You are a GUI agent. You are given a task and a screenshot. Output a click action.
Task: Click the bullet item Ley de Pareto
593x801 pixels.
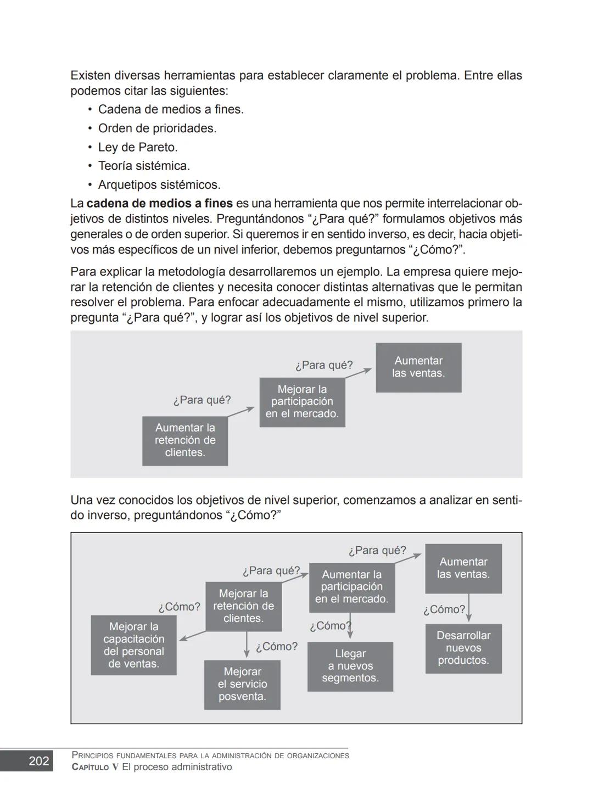[137, 147]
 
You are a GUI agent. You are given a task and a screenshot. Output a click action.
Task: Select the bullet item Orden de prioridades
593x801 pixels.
[157, 128]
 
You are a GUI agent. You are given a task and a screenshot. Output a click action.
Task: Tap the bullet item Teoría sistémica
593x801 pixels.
[144, 166]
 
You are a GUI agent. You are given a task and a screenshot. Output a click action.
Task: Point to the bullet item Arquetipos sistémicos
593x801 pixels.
[159, 184]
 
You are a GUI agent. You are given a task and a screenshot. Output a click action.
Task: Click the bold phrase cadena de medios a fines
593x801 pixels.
[160, 203]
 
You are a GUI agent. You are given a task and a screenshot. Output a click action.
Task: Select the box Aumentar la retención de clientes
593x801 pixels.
[185, 440]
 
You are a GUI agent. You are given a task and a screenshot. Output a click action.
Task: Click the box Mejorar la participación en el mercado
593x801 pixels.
[302, 402]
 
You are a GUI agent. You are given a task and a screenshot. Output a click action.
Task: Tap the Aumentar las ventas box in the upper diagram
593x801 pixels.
[418, 367]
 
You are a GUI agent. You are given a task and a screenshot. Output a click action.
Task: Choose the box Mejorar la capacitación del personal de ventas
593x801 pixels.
[133, 645]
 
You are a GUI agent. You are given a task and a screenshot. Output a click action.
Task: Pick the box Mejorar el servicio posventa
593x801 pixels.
[242, 684]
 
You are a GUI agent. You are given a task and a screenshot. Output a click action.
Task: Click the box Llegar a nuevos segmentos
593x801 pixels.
[350, 666]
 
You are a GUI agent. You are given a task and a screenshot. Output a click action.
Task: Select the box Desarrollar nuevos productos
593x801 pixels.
[463, 648]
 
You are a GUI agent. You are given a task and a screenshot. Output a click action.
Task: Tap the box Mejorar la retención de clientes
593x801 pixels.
[243, 606]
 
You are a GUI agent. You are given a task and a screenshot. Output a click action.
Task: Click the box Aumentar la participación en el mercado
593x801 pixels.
[352, 587]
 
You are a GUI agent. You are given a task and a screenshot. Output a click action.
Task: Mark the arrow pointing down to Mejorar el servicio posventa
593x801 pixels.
[247, 645]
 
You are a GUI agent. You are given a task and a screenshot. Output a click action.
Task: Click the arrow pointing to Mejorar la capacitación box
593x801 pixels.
[192, 636]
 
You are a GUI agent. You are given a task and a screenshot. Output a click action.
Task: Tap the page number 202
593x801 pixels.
[39, 761]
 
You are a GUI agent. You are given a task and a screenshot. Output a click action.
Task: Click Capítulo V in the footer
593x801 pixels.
[95, 768]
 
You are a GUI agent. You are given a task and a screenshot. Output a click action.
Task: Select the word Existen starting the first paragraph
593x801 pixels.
[91, 75]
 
